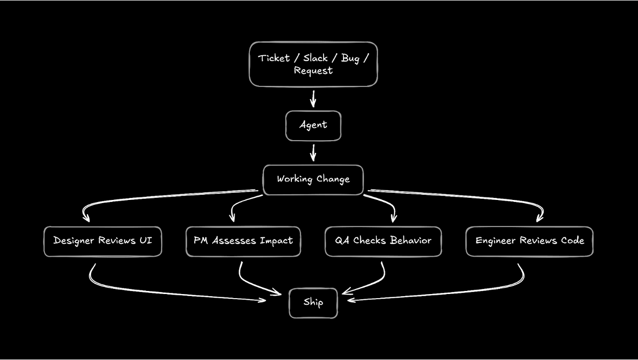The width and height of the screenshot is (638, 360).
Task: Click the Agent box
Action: click(313, 125)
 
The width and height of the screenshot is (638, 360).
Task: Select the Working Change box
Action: click(313, 179)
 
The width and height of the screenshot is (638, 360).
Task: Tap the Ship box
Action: click(313, 302)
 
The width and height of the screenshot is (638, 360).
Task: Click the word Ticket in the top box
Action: click(274, 58)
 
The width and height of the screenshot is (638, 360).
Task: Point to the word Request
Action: click(313, 71)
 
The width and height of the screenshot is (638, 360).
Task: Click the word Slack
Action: click(315, 58)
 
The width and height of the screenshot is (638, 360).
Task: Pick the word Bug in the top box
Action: click(350, 58)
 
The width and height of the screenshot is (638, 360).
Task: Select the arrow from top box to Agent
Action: click(313, 98)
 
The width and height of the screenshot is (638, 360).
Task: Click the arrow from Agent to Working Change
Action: click(313, 152)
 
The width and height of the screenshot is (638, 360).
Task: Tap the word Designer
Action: click(73, 241)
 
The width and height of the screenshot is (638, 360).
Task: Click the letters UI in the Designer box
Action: click(145, 240)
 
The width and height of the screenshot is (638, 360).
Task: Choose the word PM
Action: click(200, 240)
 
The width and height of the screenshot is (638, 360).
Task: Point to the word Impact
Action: click(276, 241)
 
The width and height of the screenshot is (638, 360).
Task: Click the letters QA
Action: click(342, 240)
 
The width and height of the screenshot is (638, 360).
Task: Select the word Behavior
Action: click(411, 240)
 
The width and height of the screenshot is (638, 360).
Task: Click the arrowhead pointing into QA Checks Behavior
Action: click(393, 218)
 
